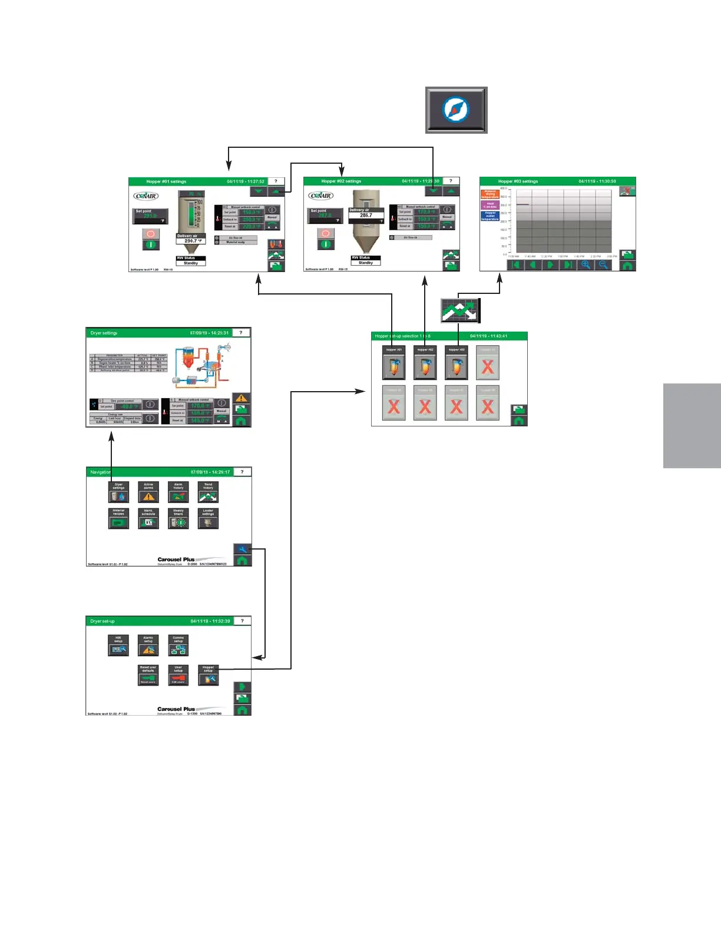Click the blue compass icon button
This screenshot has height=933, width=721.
click(456, 110)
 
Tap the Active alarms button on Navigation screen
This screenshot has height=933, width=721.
click(148, 492)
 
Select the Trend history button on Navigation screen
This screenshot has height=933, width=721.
click(208, 492)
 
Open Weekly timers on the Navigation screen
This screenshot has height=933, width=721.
click(178, 518)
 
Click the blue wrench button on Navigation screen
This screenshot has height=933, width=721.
click(242, 549)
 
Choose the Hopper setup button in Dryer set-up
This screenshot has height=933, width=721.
click(209, 675)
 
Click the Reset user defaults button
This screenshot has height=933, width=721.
click(148, 675)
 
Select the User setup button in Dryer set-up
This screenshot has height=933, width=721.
click(178, 675)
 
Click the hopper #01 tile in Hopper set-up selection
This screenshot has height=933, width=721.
click(394, 362)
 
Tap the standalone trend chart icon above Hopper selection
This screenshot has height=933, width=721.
click(461, 310)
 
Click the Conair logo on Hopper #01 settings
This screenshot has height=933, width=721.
click(145, 196)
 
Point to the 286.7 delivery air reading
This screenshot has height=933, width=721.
click(366, 216)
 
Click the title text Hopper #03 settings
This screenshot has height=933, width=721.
click(518, 181)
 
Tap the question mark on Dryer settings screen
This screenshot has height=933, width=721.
click(241, 333)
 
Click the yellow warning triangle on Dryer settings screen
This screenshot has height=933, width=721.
click(242, 398)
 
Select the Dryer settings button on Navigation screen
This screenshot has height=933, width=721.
click(118, 492)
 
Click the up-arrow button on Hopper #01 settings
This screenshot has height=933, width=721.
click(276, 191)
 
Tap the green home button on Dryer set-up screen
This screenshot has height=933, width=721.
click(242, 710)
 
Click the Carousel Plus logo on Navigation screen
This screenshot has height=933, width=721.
click(176, 560)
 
